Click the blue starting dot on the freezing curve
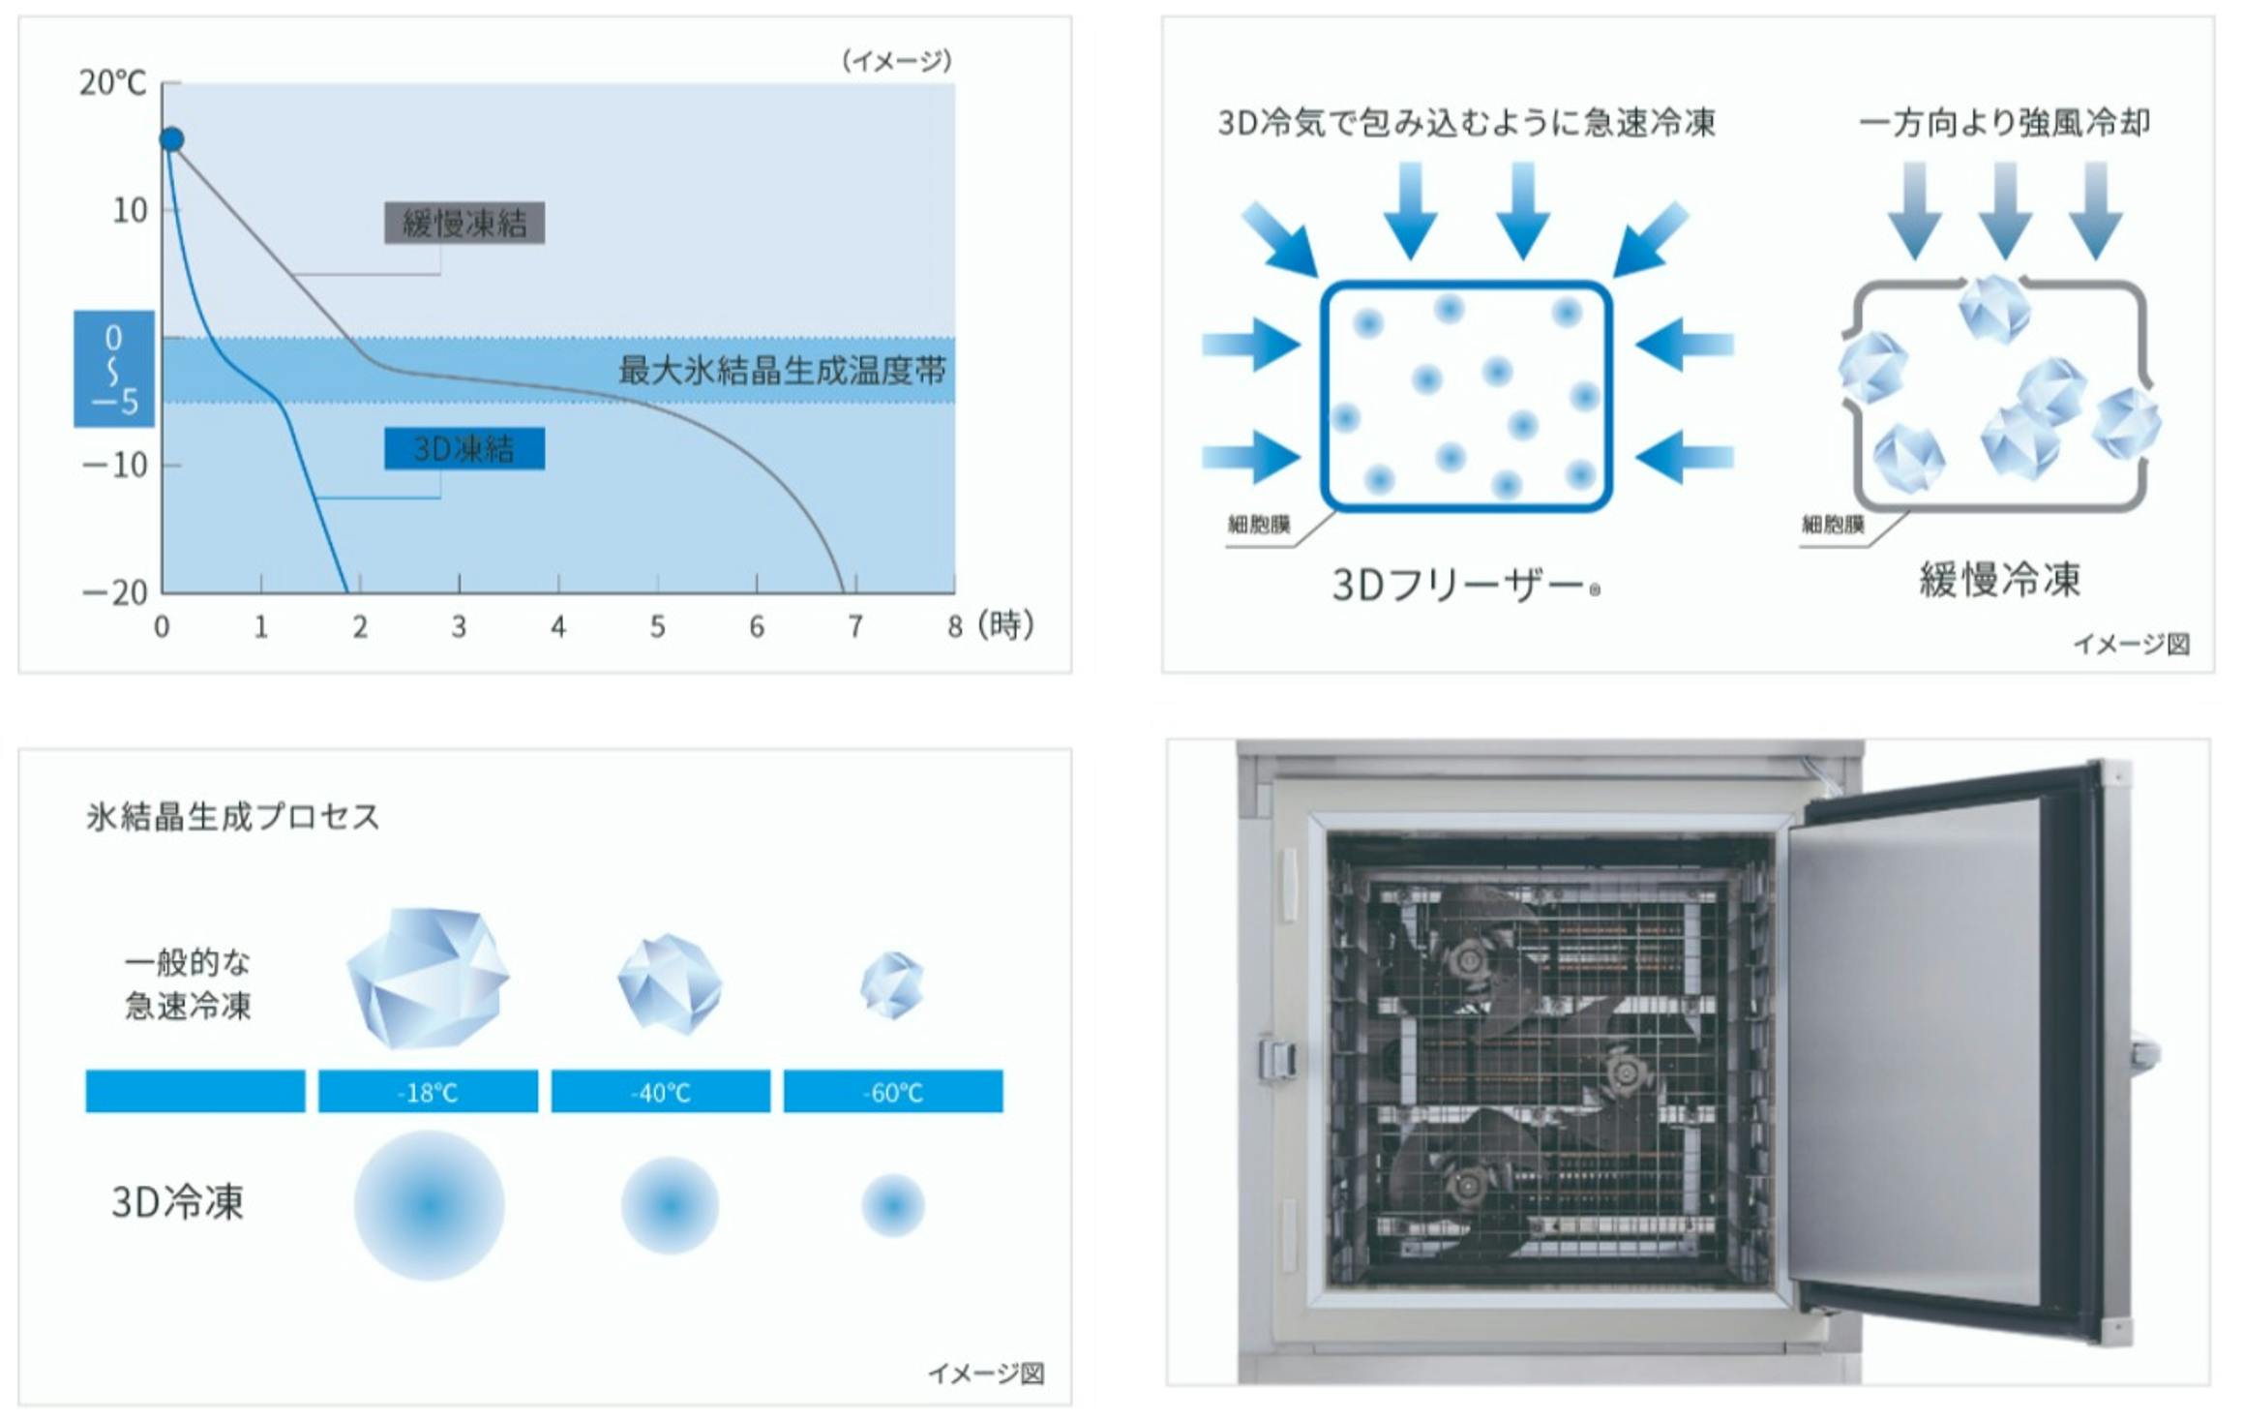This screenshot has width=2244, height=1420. point(171,139)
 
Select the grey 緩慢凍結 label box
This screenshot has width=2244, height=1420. point(464,224)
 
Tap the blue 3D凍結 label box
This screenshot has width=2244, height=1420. point(464,448)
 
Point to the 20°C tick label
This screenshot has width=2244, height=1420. point(112,83)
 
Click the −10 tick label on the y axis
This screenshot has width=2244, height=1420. point(115,466)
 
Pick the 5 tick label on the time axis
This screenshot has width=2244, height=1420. point(658,627)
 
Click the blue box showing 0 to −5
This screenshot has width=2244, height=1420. point(114,369)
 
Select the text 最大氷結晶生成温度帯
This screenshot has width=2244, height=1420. point(782,370)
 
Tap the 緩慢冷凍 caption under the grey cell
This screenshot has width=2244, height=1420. point(2000,580)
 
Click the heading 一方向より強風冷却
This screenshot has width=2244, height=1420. point(2005,123)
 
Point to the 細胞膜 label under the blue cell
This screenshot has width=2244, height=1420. point(1259,525)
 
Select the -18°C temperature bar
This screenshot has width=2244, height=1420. point(428,1092)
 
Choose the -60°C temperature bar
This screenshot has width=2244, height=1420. point(893,1092)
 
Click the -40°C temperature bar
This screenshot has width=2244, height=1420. point(661,1092)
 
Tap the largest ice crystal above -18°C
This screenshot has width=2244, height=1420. point(428,978)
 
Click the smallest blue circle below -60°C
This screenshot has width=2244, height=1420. point(893,1206)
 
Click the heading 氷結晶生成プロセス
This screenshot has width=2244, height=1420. point(233,817)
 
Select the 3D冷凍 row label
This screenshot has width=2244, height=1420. point(178,1202)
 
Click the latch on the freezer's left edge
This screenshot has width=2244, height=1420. point(1276,1058)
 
